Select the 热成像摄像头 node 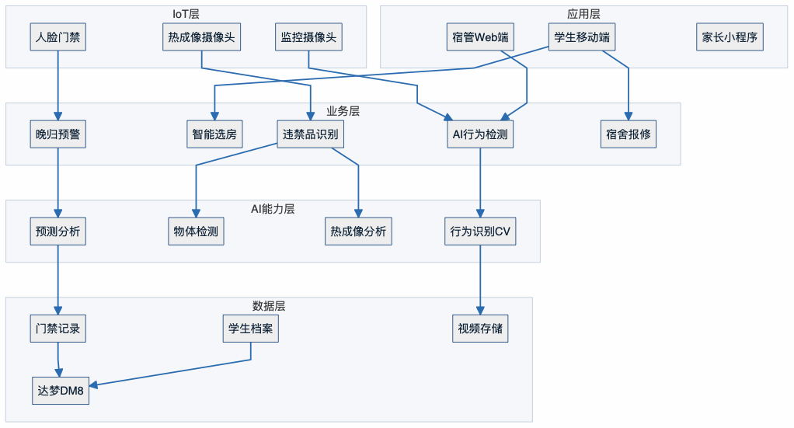[x=201, y=37]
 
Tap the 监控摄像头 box [x=308, y=37]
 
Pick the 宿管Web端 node [x=480, y=37]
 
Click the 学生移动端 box [x=581, y=37]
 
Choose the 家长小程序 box [x=730, y=37]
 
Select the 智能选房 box [x=215, y=134]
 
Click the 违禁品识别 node [x=310, y=134]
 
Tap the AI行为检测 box [x=480, y=134]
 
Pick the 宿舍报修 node [x=629, y=134]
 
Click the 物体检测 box [x=196, y=231]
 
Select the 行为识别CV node [x=480, y=231]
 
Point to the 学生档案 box [x=250, y=329]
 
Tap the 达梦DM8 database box [x=61, y=390]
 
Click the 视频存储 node [x=480, y=329]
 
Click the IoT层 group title [x=186, y=13]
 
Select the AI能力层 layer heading [x=272, y=208]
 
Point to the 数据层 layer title [x=268, y=304]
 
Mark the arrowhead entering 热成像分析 [x=358, y=214]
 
